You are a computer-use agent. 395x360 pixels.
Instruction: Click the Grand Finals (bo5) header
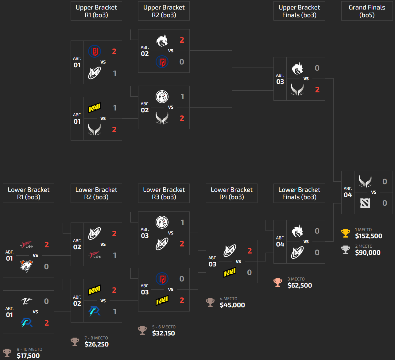pos(367,11)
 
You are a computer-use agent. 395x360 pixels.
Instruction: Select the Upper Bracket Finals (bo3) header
pos(299,11)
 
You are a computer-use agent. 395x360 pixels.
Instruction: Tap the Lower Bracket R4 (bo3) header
pos(231,193)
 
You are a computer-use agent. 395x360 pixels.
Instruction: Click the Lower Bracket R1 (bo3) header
pos(29,193)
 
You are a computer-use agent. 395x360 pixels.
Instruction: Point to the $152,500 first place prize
pos(369,236)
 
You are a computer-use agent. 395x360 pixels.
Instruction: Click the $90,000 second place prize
pos(368,253)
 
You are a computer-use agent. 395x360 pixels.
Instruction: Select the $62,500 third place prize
pos(300,285)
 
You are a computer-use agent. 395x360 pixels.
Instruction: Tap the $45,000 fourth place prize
pos(232,305)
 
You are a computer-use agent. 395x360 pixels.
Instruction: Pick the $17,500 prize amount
pos(28,356)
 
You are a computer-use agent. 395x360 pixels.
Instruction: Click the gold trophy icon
pos(346,233)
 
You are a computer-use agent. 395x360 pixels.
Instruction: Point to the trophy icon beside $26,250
pos(75,342)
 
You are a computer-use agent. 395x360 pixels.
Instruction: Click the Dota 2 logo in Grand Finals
pos(365,203)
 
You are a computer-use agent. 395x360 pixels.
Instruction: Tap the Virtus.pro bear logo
pos(26,266)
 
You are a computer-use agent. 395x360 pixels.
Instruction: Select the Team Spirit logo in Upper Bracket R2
pos(162,40)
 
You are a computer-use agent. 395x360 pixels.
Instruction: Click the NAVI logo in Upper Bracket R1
pos(95,108)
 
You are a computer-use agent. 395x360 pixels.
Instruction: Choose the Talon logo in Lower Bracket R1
pos(27,245)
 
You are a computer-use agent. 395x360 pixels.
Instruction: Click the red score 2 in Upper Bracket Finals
pos(317,90)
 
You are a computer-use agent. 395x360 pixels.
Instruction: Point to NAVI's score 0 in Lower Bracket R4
pos(250,273)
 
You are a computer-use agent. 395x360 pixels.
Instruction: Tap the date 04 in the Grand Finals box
pos(348,195)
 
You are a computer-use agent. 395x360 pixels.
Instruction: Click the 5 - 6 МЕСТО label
pos(164,327)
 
